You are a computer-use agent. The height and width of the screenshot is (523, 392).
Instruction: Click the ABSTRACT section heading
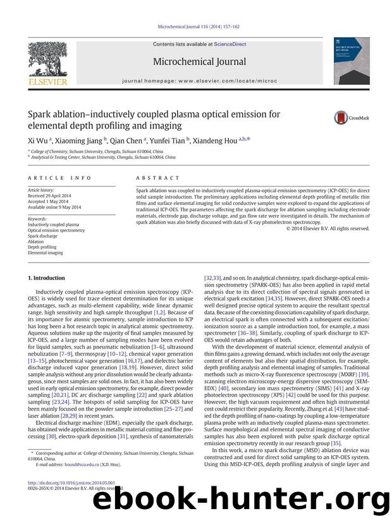(x=158, y=178)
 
